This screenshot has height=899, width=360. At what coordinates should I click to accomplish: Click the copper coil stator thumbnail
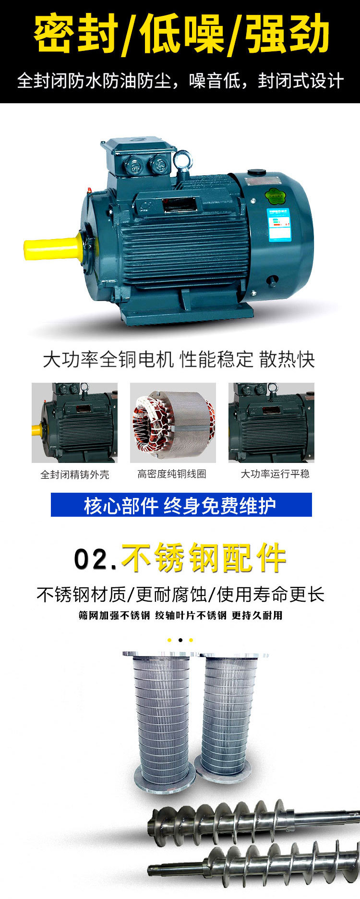(173, 423)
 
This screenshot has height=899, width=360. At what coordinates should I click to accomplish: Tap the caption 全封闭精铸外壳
(75, 474)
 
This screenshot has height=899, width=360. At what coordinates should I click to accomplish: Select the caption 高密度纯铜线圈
(172, 474)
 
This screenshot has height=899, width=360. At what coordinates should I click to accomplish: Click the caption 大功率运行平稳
(275, 474)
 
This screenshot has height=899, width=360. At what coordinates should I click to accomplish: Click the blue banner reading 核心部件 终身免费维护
(181, 505)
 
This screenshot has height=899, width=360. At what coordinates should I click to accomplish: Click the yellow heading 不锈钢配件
(204, 558)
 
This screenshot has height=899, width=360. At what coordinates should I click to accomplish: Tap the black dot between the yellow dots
(180, 640)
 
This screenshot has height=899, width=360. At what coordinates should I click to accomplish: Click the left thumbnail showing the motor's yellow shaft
(74, 423)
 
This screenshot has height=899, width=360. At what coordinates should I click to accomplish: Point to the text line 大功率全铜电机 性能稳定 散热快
(179, 359)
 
